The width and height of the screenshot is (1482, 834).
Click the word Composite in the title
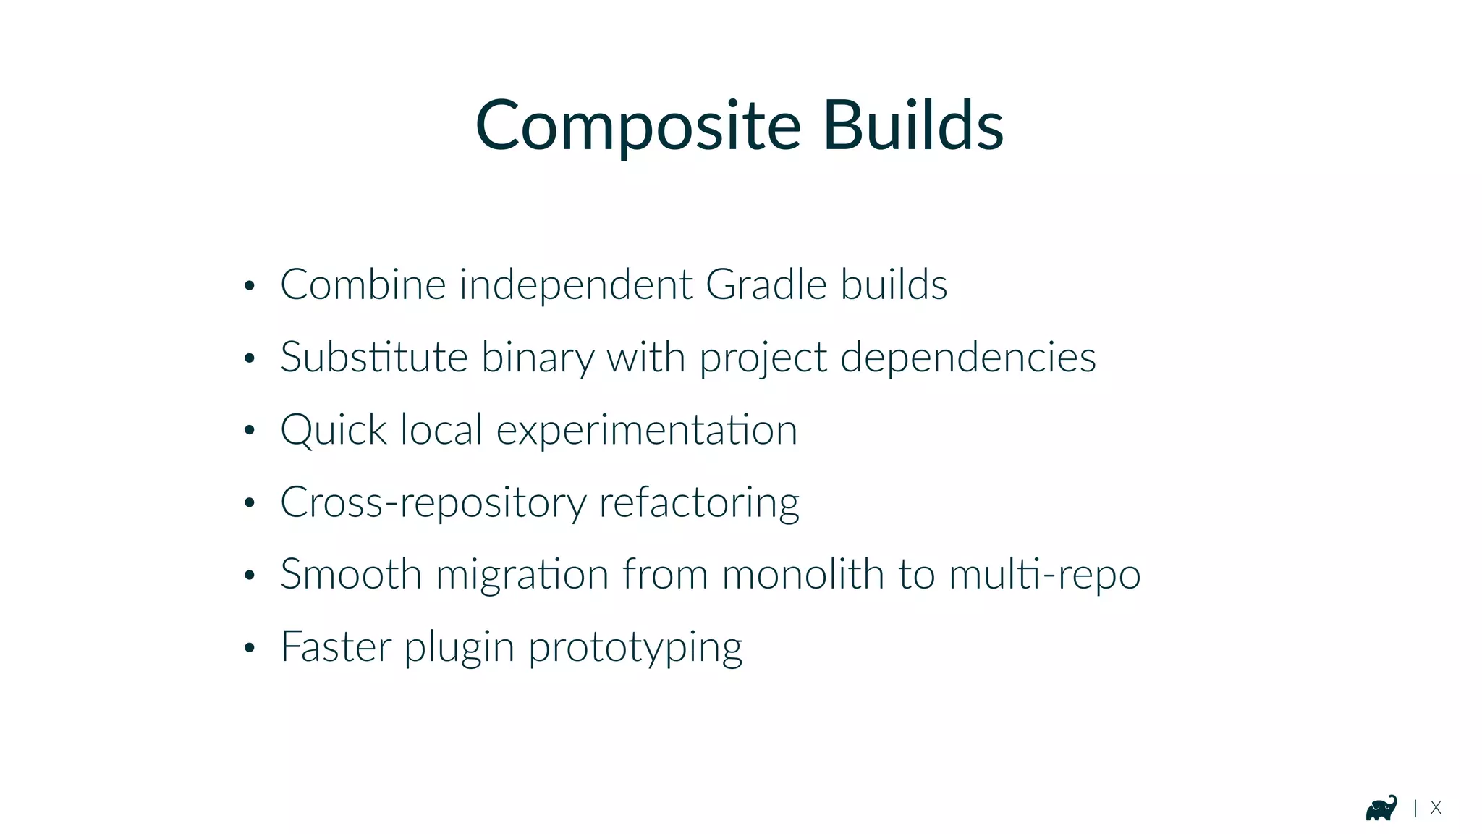tap(638, 127)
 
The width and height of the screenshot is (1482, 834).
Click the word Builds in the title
tap(913, 127)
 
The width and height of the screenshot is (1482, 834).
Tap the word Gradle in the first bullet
tap(766, 284)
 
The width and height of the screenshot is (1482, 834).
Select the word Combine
tap(363, 284)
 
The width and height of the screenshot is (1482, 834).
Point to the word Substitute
tap(374, 357)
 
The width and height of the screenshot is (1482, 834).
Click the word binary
tap(537, 358)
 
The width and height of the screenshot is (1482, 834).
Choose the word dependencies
tap(967, 358)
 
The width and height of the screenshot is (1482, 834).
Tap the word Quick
tap(334, 430)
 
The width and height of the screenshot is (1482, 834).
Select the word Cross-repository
tap(433, 503)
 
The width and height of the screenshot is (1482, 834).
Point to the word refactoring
tap(699, 503)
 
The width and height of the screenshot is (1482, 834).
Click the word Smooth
tap(351, 574)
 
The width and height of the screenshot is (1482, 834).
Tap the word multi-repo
tap(1044, 576)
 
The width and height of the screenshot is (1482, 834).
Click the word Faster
tap(336, 646)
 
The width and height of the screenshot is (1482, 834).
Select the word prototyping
tap(635, 648)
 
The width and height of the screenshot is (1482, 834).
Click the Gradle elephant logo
tap(1381, 808)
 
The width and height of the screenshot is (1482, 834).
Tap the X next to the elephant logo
tap(1436, 808)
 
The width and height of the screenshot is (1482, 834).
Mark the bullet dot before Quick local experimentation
tap(250, 431)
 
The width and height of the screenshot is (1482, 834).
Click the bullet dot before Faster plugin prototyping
tap(250, 647)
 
